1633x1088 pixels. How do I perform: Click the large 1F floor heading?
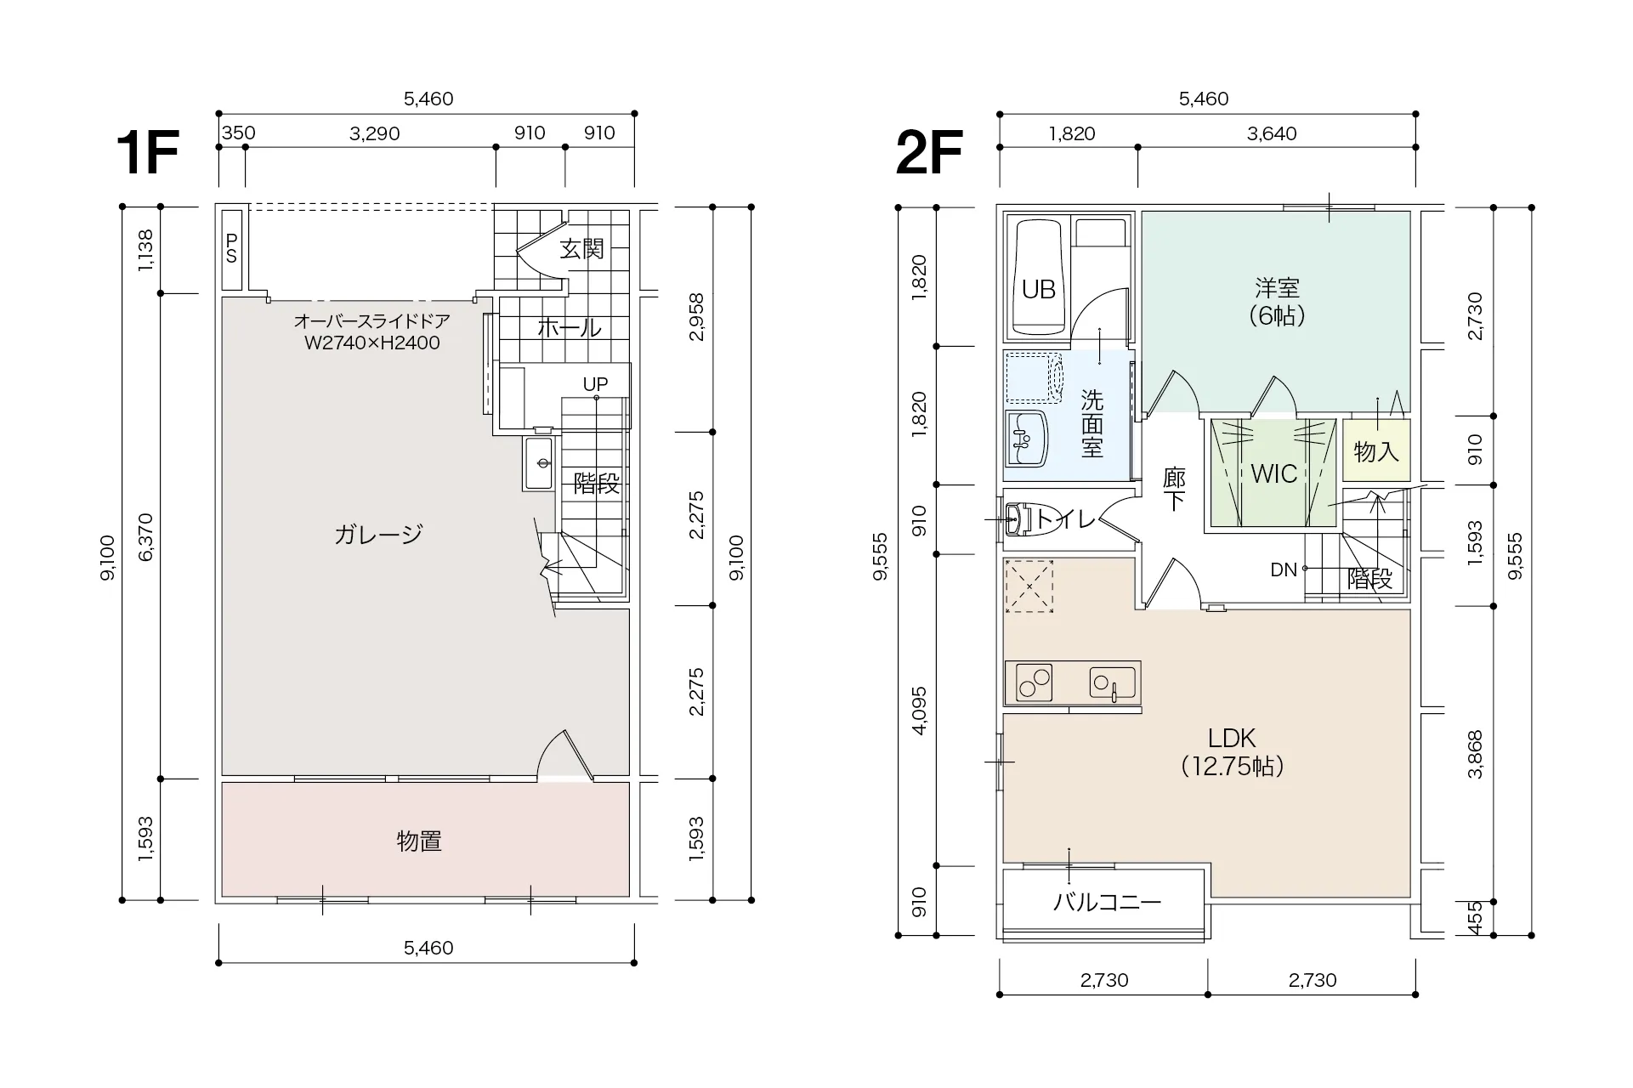point(147,154)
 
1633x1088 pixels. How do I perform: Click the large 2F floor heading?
point(929,154)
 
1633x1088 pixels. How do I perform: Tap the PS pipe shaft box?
point(231,248)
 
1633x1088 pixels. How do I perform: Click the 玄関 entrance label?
point(582,249)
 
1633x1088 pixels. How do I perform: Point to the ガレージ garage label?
point(378,534)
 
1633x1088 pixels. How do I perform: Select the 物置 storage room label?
point(419,841)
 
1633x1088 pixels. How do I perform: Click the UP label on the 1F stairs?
point(595,384)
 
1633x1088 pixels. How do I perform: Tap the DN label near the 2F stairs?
point(1284,569)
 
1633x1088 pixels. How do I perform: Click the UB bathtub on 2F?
point(1038,278)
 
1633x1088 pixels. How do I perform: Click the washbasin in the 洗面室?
point(1026,438)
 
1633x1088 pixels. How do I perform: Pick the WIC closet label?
point(1273,473)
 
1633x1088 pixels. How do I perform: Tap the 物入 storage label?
point(1376,451)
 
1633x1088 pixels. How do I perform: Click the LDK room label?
point(1232,738)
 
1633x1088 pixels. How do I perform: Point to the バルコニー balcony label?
point(1107,901)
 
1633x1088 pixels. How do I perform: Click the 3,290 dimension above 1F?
point(375,133)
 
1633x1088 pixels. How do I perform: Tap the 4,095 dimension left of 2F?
point(919,711)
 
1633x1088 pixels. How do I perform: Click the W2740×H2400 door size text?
point(372,343)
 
